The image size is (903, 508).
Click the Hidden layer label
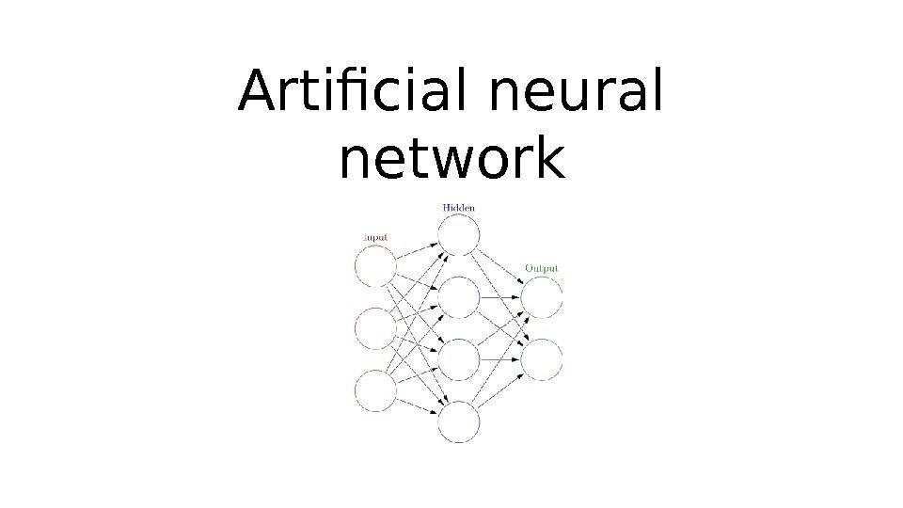click(x=457, y=207)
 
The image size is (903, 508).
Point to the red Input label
click(x=375, y=238)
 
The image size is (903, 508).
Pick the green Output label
click(x=541, y=268)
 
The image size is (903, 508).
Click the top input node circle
click(x=375, y=267)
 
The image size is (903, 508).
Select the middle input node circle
click(x=375, y=328)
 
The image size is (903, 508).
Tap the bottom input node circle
click(x=375, y=390)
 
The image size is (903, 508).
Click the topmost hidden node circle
click(x=458, y=234)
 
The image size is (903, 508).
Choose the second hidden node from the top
click(x=458, y=297)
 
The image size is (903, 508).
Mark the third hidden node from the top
click(x=458, y=359)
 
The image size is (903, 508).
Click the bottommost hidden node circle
click(x=458, y=421)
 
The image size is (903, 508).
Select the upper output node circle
click(x=542, y=297)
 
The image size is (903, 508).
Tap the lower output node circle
click(x=542, y=359)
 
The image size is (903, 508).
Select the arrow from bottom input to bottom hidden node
click(x=417, y=406)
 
